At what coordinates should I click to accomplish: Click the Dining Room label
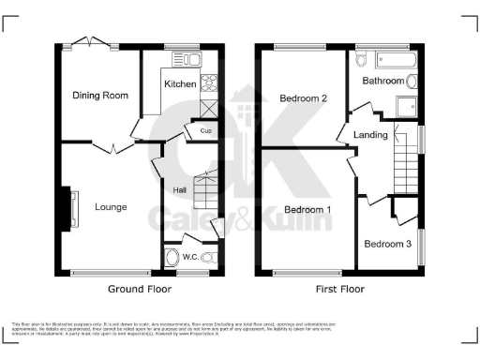click(100, 95)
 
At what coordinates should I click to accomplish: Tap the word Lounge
click(111, 206)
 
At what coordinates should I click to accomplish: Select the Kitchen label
click(180, 84)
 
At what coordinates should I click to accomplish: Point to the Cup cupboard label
click(204, 131)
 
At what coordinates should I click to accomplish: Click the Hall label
click(179, 191)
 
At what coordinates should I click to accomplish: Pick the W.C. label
click(189, 257)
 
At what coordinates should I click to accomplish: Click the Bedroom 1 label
click(308, 208)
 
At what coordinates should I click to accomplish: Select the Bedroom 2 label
click(303, 97)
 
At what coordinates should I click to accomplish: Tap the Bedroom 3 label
click(386, 244)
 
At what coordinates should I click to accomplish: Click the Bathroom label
click(384, 82)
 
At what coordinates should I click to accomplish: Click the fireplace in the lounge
click(68, 207)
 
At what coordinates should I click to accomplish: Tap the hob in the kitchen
click(210, 81)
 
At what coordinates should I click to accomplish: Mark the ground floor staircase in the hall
click(205, 192)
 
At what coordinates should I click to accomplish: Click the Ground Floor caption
click(138, 290)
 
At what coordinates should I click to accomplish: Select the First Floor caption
click(342, 290)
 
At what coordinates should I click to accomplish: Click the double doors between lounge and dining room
click(114, 146)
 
